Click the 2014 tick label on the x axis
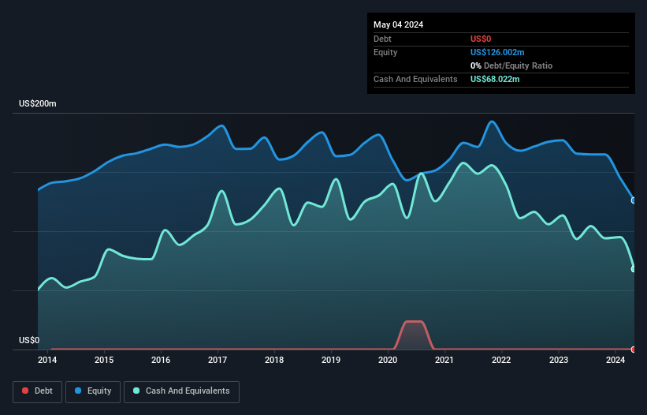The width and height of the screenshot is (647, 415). point(47,361)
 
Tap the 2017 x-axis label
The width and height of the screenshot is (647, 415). point(218,361)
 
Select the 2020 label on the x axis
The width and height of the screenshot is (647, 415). point(388,361)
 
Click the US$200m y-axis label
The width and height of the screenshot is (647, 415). point(38,104)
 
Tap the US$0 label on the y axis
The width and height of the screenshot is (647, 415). point(29,341)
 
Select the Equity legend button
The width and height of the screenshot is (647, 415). point(93,391)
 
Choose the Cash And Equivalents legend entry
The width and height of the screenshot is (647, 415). point(181,391)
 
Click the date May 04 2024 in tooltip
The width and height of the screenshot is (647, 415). point(398,24)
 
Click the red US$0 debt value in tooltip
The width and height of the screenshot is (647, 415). point(482,39)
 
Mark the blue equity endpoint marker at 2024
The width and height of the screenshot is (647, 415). point(634,200)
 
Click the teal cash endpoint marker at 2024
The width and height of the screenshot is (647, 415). point(634,269)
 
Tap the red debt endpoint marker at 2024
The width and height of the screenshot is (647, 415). point(634,349)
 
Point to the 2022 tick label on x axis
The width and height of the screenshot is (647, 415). point(501,361)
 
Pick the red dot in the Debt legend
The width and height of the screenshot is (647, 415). point(26,391)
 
